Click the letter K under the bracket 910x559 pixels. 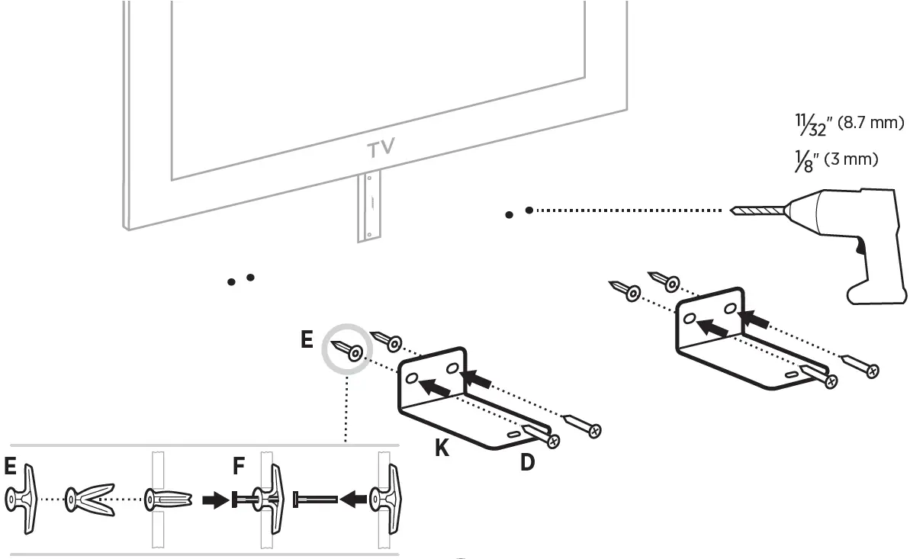click(442, 448)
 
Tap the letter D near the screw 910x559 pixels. click(527, 461)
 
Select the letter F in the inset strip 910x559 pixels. click(239, 465)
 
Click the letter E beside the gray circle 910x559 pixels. click(306, 339)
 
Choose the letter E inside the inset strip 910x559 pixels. click(10, 465)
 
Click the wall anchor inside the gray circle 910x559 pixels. click(347, 349)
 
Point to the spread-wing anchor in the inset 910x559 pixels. click(90, 500)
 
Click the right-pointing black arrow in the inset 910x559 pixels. click(213, 500)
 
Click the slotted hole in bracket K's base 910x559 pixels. click(513, 432)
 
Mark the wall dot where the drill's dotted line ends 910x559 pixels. click(529, 210)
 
